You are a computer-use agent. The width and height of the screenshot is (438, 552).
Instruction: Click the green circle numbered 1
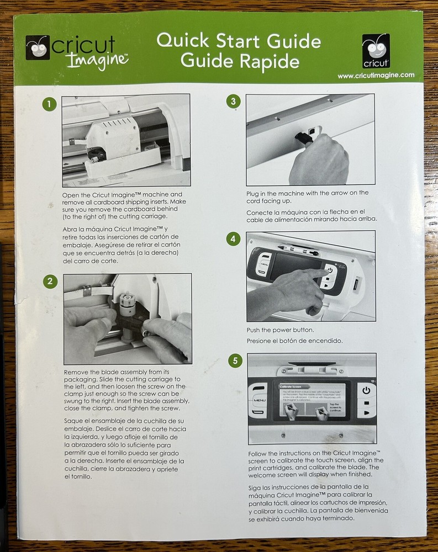coord(50,104)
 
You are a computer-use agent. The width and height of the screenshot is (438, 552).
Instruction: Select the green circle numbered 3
coord(234,102)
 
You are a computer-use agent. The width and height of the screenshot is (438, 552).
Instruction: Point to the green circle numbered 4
coord(234,238)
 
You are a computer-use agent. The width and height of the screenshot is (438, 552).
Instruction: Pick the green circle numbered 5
coord(235,361)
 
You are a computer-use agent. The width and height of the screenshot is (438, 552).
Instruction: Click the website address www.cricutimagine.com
coord(376,76)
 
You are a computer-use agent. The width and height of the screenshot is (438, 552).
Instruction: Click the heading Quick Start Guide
coord(238,41)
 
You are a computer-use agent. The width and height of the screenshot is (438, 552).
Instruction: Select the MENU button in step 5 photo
coord(258,398)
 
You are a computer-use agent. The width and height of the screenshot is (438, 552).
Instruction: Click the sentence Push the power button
coord(280,330)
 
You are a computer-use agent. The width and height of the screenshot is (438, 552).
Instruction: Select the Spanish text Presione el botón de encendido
coord(294,341)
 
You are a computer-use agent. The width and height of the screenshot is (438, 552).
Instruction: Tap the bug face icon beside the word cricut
coord(38,47)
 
